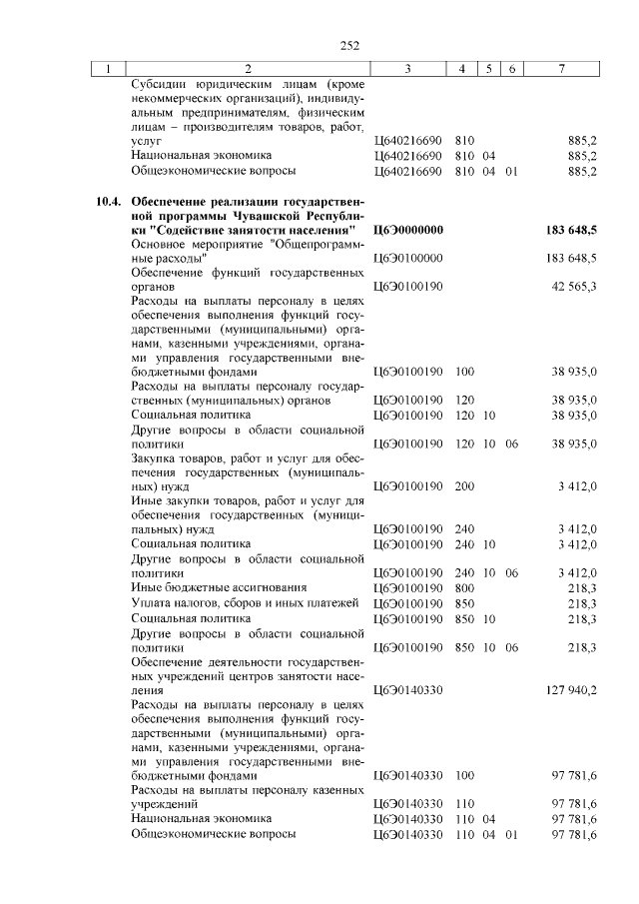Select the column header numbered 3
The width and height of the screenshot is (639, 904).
(x=408, y=69)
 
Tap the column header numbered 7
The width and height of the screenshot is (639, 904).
(x=562, y=69)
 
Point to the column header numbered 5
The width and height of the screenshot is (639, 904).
(x=489, y=69)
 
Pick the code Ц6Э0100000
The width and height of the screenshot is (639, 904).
(x=407, y=258)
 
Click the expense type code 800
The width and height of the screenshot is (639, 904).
(x=464, y=588)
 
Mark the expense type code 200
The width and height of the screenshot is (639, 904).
(x=464, y=486)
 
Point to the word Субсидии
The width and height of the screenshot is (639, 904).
(x=160, y=85)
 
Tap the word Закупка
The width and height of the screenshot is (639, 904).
(x=156, y=458)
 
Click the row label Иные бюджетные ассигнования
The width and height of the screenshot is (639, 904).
(x=219, y=588)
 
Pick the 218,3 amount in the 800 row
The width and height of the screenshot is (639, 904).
(x=582, y=588)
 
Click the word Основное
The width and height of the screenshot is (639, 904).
(x=160, y=244)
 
